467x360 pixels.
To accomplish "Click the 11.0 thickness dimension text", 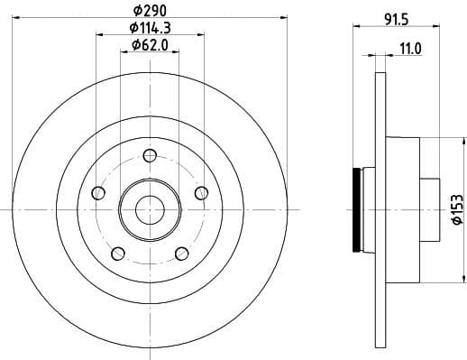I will click(x=410, y=51).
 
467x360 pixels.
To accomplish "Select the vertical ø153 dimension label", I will click(x=456, y=208).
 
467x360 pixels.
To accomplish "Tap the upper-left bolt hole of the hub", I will click(x=98, y=192).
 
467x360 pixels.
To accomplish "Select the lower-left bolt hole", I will click(x=117, y=252).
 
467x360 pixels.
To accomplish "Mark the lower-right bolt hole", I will click(x=180, y=252).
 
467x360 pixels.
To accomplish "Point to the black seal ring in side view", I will click(x=357, y=209).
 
